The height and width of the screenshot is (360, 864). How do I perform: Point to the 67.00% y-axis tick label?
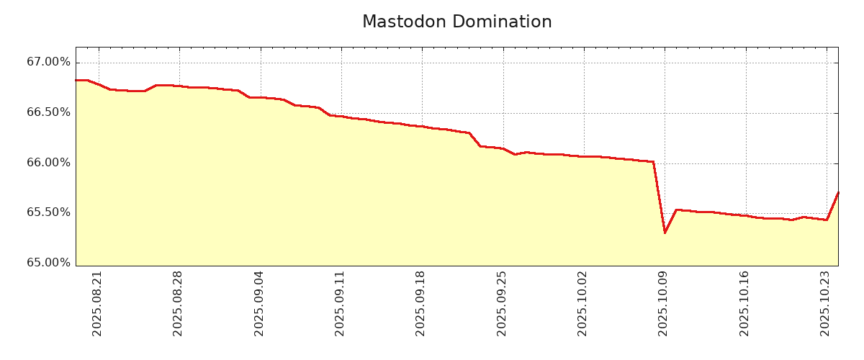(49, 63)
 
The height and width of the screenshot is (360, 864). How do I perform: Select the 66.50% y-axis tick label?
(49, 112)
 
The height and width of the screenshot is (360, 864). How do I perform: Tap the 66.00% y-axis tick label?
(49, 163)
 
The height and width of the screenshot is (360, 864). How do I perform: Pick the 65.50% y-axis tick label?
(49, 212)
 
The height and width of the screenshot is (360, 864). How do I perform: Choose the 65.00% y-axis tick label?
(49, 263)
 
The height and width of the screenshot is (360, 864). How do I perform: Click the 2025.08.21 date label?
(98, 303)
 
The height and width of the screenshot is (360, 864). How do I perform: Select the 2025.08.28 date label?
(179, 303)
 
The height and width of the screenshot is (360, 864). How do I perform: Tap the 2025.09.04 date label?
(260, 303)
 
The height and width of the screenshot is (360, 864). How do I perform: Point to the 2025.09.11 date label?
(341, 303)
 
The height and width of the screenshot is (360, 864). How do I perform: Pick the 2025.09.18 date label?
(421, 303)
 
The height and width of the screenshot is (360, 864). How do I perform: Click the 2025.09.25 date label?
(503, 303)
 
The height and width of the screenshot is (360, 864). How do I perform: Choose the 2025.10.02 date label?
(583, 303)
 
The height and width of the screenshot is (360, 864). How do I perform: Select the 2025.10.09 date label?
(664, 303)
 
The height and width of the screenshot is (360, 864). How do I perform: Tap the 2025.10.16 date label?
(745, 303)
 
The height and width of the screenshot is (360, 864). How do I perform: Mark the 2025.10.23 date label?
(826, 303)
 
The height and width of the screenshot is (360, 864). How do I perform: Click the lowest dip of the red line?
(665, 233)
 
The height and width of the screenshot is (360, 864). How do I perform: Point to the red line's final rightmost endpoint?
(838, 192)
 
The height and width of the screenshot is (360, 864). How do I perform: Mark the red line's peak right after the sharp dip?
(676, 210)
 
